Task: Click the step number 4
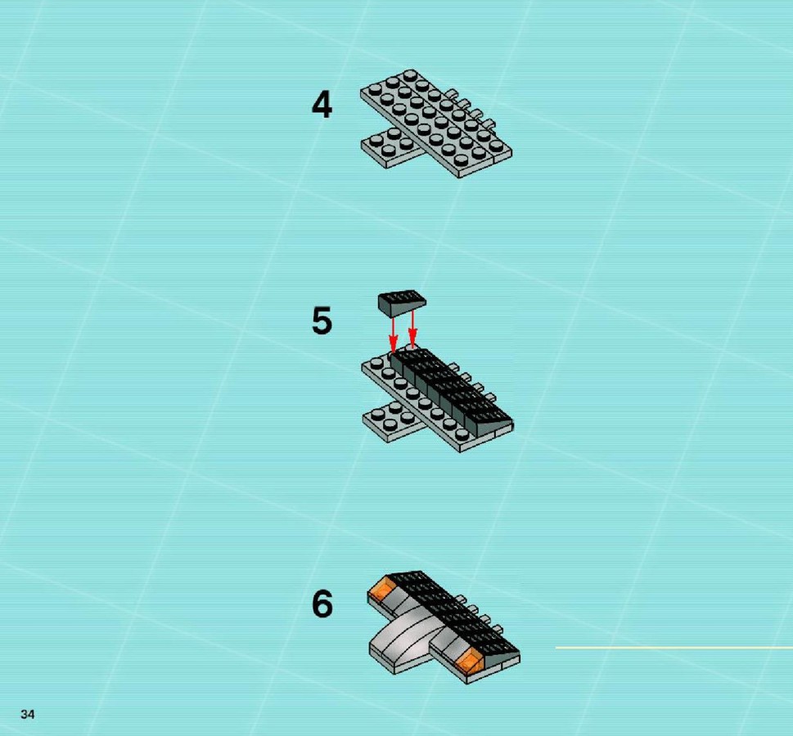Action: [322, 105]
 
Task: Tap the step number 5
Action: [322, 321]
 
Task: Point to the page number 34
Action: [27, 714]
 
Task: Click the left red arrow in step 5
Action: [393, 334]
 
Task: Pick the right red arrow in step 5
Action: [412, 330]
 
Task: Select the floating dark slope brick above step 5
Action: [402, 303]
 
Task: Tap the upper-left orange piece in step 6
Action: [382, 590]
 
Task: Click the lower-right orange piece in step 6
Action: [470, 660]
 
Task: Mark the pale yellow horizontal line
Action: [674, 648]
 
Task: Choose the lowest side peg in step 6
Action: [499, 631]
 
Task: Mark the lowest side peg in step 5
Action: [490, 397]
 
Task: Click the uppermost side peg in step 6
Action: [460, 599]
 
